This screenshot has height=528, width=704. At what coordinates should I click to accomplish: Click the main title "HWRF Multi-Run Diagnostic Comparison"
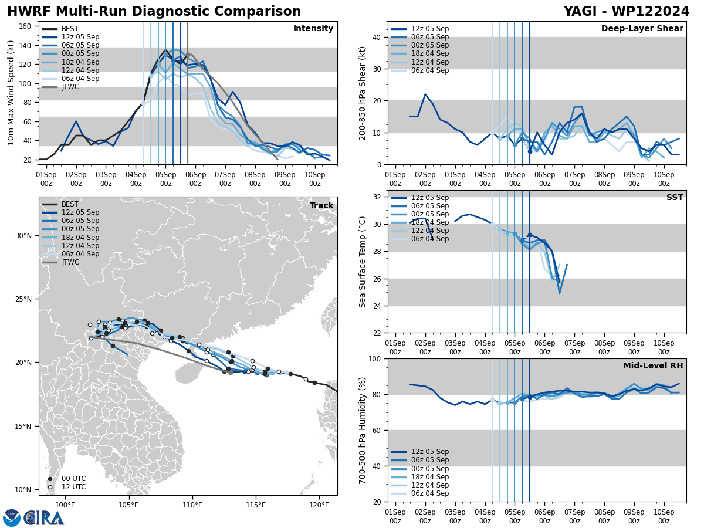154,12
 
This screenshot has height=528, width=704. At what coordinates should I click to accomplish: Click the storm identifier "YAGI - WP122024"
627,12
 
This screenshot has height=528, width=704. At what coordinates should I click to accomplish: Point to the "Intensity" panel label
313,29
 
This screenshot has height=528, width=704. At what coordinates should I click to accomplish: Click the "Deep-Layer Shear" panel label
642,29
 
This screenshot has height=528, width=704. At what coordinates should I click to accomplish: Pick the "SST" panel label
675,198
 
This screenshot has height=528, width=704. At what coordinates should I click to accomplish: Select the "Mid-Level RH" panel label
653,366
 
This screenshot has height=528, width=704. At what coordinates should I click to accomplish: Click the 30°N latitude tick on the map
23,236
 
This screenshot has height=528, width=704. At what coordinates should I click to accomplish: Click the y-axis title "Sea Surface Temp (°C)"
363,262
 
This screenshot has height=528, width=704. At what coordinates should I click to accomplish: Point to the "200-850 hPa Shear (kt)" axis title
363,93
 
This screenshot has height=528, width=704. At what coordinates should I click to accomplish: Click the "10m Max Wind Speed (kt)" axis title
11,93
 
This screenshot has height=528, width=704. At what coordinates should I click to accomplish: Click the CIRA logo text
44,518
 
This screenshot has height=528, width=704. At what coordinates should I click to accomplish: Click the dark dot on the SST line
530,235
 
